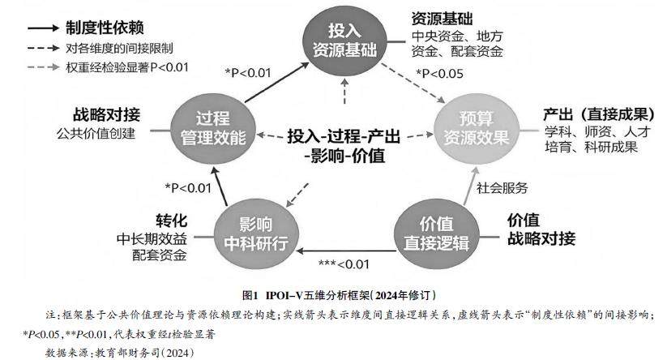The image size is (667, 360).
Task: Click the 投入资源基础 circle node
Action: (x=345, y=39)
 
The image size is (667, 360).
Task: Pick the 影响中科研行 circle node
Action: (x=251, y=234)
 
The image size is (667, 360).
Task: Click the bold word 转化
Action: (x=171, y=221)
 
